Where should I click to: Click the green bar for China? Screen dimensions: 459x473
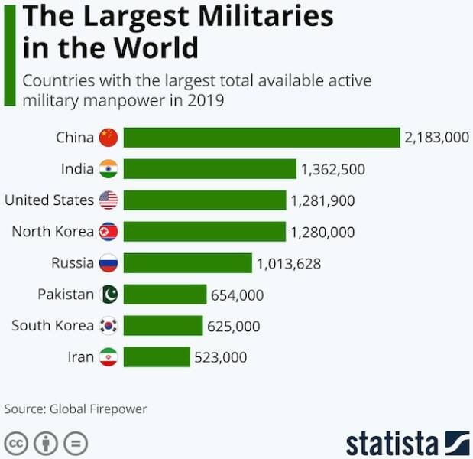point(261,138)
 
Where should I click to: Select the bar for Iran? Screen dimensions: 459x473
point(157,357)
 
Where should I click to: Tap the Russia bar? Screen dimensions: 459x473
point(187,263)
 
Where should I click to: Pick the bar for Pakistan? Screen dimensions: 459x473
point(165,295)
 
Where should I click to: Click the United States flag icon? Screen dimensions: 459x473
point(109,200)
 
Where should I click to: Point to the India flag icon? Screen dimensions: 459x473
point(109,169)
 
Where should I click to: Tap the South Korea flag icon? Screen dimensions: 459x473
point(109,326)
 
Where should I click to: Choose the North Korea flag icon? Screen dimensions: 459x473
point(109,232)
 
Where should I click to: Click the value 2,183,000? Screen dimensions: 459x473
point(436,138)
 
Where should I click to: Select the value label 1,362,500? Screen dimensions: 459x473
point(332,169)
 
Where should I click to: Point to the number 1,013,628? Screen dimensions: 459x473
point(289,264)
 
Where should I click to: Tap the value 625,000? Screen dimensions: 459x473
point(233,327)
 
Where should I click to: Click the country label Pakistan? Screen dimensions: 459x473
point(66,294)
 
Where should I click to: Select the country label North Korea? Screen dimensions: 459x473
point(53,231)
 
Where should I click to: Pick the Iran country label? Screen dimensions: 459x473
point(81,356)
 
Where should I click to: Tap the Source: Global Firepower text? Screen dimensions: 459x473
point(76,409)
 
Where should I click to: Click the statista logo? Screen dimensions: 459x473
point(407,443)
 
